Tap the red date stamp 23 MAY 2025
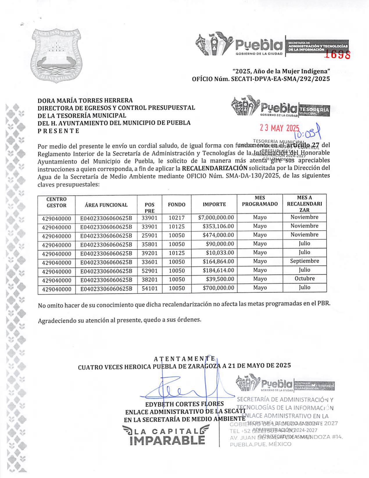point(279,128)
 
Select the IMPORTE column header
point(214,204)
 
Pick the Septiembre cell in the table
point(304,261)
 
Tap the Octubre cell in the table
point(304,278)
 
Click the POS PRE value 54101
point(149,288)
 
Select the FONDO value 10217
point(176,218)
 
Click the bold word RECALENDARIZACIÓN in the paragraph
point(214,168)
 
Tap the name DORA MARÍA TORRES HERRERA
point(85,101)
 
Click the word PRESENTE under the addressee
point(58,131)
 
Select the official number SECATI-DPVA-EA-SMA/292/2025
point(280,79)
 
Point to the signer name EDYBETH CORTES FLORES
point(184,404)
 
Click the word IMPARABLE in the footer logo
point(167,440)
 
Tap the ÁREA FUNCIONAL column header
point(106,205)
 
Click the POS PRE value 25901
point(149,235)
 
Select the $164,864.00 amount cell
point(218,261)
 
